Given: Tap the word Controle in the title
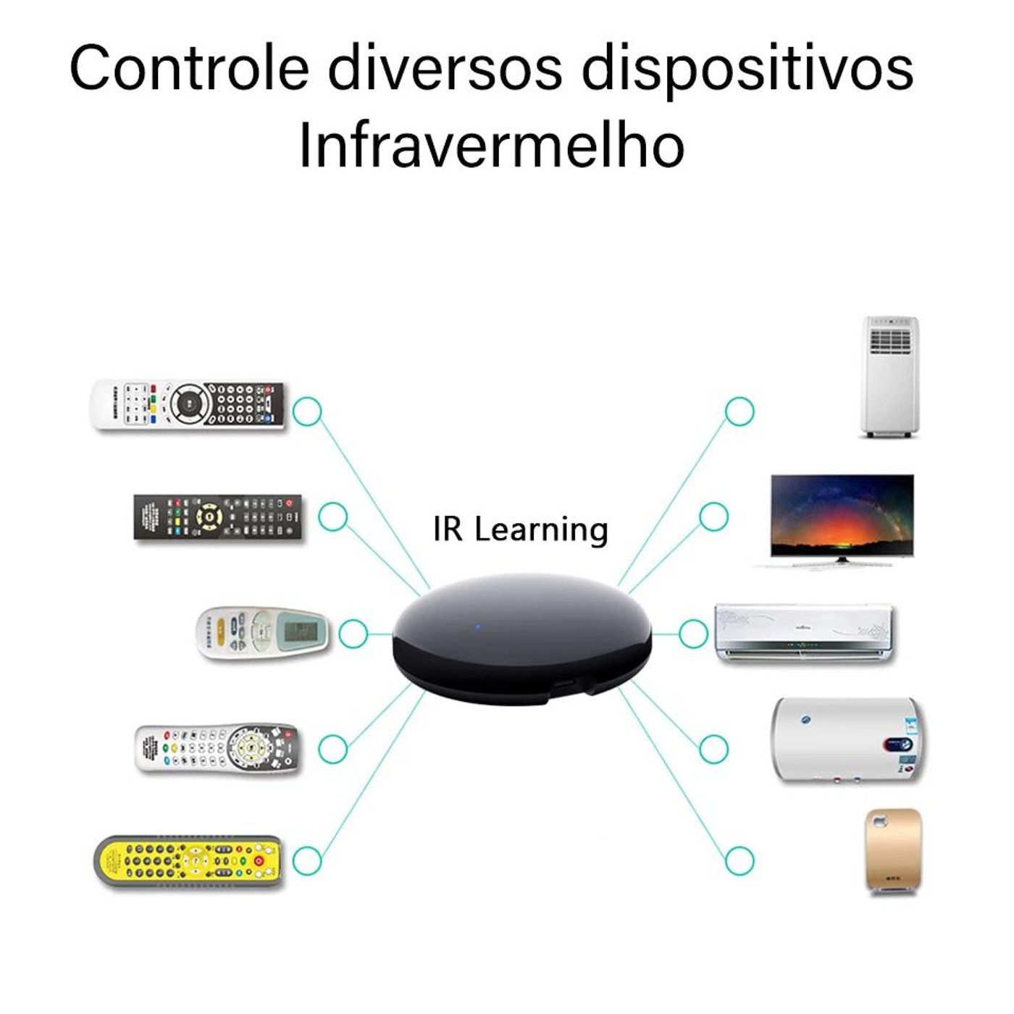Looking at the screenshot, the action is point(189,69).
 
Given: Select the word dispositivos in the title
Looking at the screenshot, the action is point(747,71).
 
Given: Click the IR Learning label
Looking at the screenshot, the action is point(520,529).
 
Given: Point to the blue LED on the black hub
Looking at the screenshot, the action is point(478,627).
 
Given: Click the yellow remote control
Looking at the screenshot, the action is point(188,863).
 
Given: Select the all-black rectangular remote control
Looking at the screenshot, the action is point(217,516).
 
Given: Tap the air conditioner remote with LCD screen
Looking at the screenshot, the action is point(263,634).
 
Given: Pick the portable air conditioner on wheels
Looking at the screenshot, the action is point(890,377).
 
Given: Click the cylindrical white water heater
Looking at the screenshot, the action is point(847,740).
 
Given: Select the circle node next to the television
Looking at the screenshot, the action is point(714,516).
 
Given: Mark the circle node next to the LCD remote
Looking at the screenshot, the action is point(353,634).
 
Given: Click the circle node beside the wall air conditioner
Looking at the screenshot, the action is point(693,634).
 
